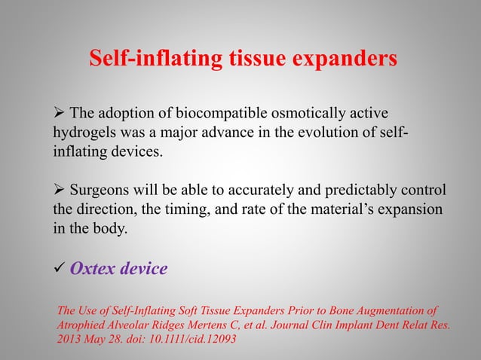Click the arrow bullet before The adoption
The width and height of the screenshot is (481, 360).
[x=58, y=114]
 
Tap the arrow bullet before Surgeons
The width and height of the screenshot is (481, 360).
[x=58, y=188]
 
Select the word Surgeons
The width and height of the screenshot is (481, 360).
[x=100, y=188]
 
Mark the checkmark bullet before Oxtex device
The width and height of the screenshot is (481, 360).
[x=58, y=269]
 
